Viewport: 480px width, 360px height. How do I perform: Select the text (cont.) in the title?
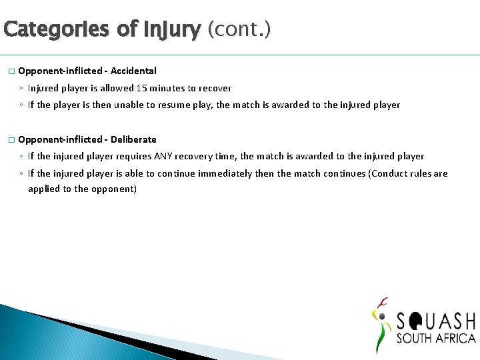click(x=239, y=30)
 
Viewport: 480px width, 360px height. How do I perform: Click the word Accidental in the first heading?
click(x=133, y=71)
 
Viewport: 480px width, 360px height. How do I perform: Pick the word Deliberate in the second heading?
click(x=133, y=139)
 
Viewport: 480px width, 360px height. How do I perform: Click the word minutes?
click(x=171, y=88)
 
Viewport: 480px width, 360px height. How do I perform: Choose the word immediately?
click(x=234, y=173)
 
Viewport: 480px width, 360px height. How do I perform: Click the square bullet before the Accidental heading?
click(x=11, y=71)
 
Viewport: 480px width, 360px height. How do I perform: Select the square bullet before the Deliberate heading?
click(x=11, y=140)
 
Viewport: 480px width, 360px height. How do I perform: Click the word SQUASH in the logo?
click(x=435, y=321)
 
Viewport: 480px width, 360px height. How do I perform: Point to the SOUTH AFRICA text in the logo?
click(x=435, y=338)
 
